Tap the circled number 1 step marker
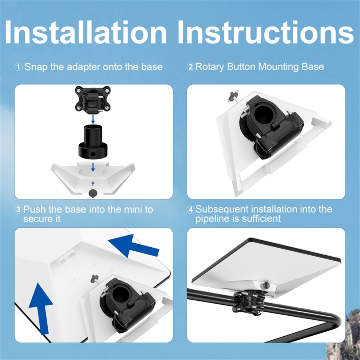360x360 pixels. point(19,67)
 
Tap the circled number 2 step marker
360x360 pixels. point(191,67)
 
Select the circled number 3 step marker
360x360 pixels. point(19,209)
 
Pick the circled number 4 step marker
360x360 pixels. point(191,209)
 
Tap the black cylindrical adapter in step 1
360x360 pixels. point(93,142)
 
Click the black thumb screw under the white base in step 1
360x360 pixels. point(92,192)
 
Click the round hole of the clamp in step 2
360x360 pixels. point(264,115)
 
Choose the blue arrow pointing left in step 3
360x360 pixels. point(133,246)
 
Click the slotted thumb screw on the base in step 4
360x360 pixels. point(266,285)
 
